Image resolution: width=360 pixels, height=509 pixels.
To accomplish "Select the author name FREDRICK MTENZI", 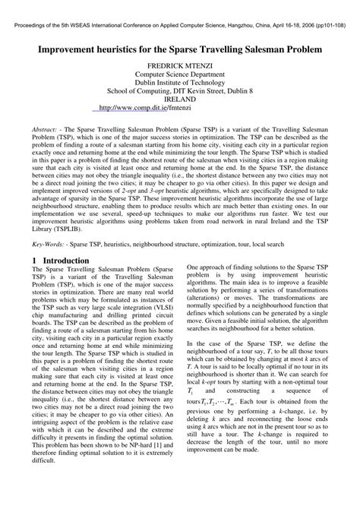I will [179, 66].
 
